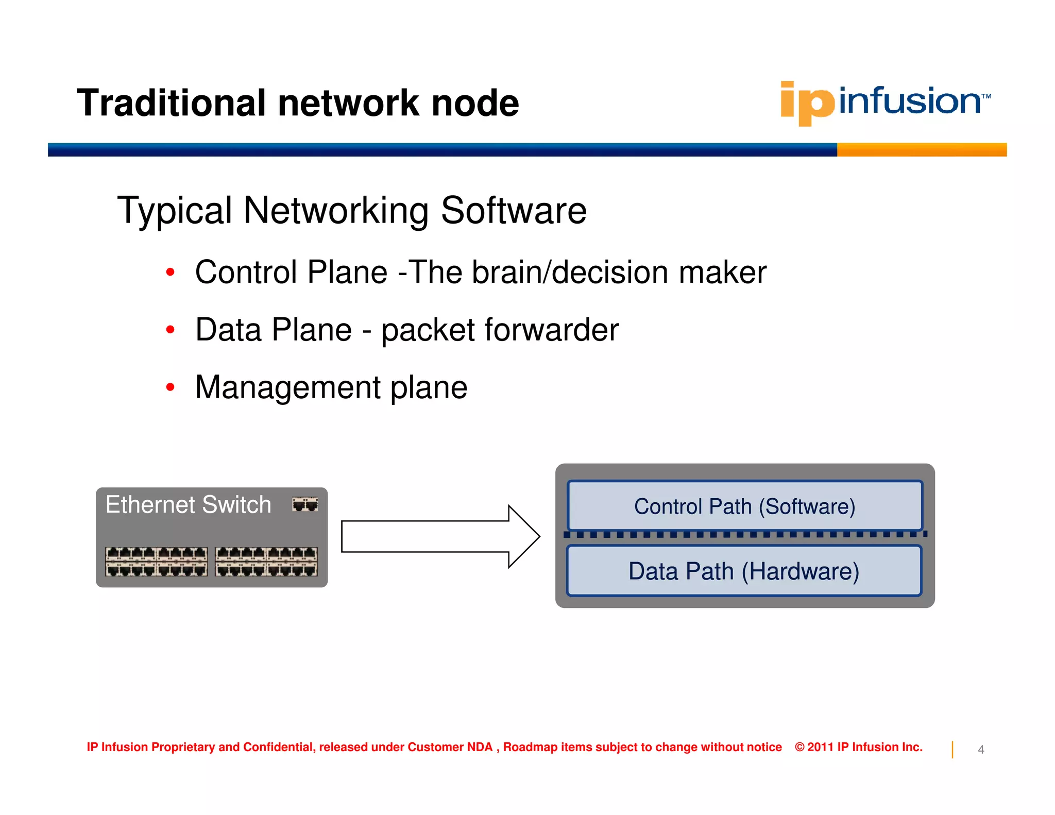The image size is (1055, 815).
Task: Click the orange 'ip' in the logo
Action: click(807, 103)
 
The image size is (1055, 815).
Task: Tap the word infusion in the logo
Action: click(909, 101)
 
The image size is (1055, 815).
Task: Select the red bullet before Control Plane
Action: click(171, 272)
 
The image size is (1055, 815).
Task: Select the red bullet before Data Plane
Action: click(171, 330)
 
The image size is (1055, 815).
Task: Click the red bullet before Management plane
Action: click(171, 387)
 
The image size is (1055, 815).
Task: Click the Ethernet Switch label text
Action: click(188, 504)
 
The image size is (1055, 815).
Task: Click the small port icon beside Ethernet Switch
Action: click(305, 504)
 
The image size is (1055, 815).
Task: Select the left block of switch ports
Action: click(156, 562)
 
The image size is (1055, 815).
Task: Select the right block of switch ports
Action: click(266, 562)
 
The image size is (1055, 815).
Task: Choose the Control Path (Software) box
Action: click(744, 506)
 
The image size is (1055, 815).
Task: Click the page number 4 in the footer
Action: click(981, 750)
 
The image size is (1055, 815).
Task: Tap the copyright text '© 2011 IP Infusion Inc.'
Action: click(858, 747)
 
